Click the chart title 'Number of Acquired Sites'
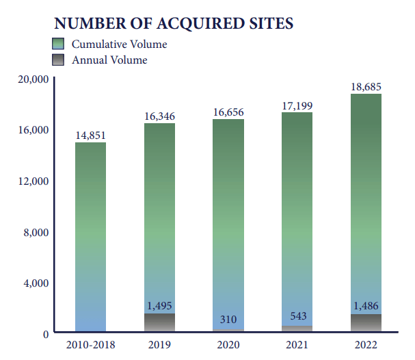pyautogui.click(x=174, y=23)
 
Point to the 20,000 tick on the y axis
pyautogui.click(x=31, y=79)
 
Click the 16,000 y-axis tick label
pyautogui.click(x=31, y=130)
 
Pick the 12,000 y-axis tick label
pyautogui.click(x=31, y=181)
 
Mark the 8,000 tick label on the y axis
pyautogui.click(x=34, y=232)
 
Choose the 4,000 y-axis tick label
pyautogui.click(x=34, y=283)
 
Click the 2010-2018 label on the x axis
pyautogui.click(x=90, y=346)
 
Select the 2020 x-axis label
pyautogui.click(x=228, y=346)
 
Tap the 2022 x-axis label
pyautogui.click(x=366, y=346)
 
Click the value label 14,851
pyautogui.click(x=90, y=134)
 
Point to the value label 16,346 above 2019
pyautogui.click(x=159, y=116)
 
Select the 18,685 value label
pyautogui.click(x=366, y=86)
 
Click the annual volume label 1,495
pyautogui.click(x=159, y=306)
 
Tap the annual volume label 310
pyautogui.click(x=228, y=319)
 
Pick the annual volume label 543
pyautogui.click(x=297, y=316)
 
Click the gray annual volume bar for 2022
pyautogui.click(x=366, y=324)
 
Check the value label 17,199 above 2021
pyautogui.click(x=297, y=105)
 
